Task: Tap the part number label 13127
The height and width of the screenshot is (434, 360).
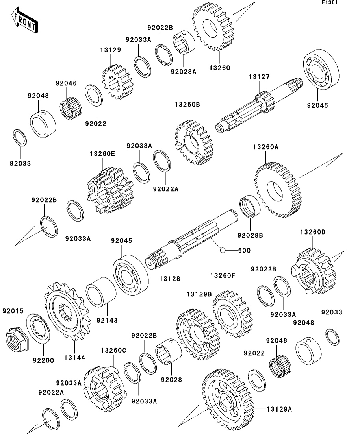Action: [259, 77]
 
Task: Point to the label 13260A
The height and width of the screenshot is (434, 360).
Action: [265, 147]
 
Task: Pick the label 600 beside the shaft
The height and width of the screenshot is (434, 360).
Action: [244, 250]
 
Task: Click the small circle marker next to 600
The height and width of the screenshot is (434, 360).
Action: [223, 250]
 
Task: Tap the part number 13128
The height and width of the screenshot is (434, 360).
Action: [170, 279]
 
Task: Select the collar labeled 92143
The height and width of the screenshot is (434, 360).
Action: [100, 292]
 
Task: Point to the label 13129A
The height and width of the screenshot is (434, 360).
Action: [278, 410]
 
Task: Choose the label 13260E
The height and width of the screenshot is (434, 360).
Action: [102, 154]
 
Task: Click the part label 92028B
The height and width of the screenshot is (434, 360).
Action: [250, 235]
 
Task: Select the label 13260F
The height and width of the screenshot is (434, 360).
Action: [223, 276]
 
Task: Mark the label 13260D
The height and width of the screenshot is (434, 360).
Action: [313, 232]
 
